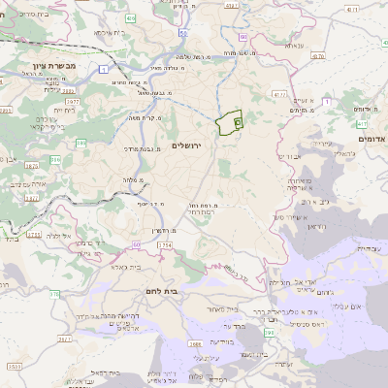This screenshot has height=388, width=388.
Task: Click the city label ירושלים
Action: [192, 145]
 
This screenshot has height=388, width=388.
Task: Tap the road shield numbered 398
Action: [269, 333]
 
